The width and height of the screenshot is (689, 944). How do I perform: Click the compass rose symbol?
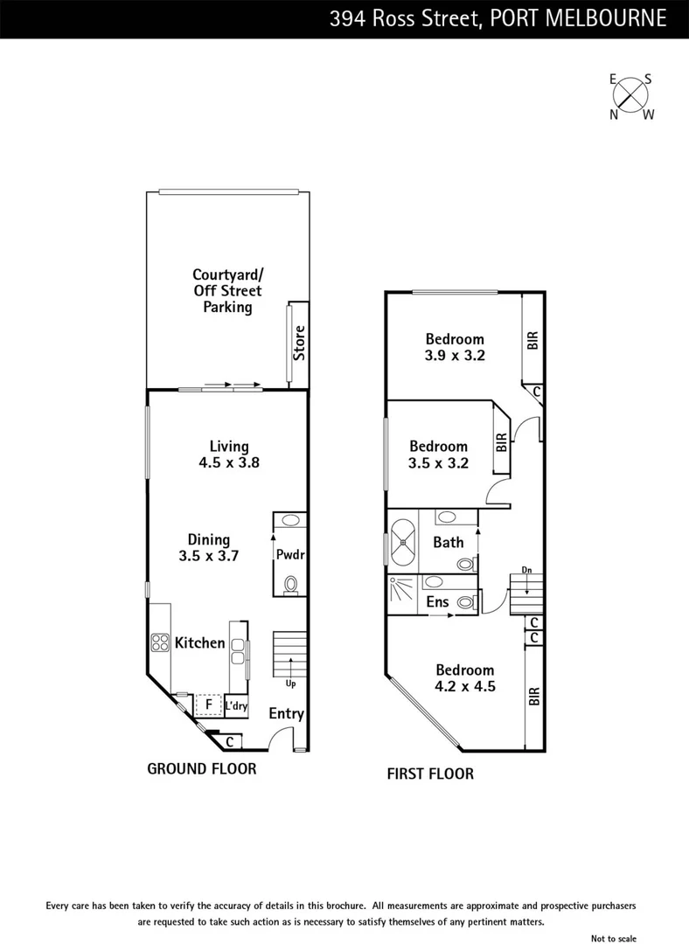click(631, 96)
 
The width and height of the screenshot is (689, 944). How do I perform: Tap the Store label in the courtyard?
click(299, 344)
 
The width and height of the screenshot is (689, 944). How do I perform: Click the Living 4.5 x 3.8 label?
click(229, 455)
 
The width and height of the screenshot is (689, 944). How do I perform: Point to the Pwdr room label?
click(290, 554)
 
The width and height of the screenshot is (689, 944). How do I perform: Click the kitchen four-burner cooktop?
click(161, 643)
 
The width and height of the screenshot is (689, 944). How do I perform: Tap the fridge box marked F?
click(209, 704)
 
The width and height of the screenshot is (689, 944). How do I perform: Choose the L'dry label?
click(235, 705)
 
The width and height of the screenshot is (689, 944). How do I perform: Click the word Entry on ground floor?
click(286, 714)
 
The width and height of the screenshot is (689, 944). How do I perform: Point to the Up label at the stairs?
click(290, 683)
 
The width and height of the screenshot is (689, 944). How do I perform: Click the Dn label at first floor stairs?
click(526, 570)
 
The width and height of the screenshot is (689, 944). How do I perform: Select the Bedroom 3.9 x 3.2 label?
click(455, 347)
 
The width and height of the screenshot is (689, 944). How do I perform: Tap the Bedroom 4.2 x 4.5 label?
click(466, 678)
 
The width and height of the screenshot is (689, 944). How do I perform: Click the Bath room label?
click(449, 543)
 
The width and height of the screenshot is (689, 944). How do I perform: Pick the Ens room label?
click(437, 602)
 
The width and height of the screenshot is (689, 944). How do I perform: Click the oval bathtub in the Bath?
click(404, 542)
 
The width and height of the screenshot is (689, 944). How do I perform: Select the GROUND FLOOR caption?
click(202, 769)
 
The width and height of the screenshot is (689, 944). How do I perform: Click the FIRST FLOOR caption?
click(430, 774)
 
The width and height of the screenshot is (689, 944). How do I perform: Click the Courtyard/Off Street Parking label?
click(227, 291)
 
